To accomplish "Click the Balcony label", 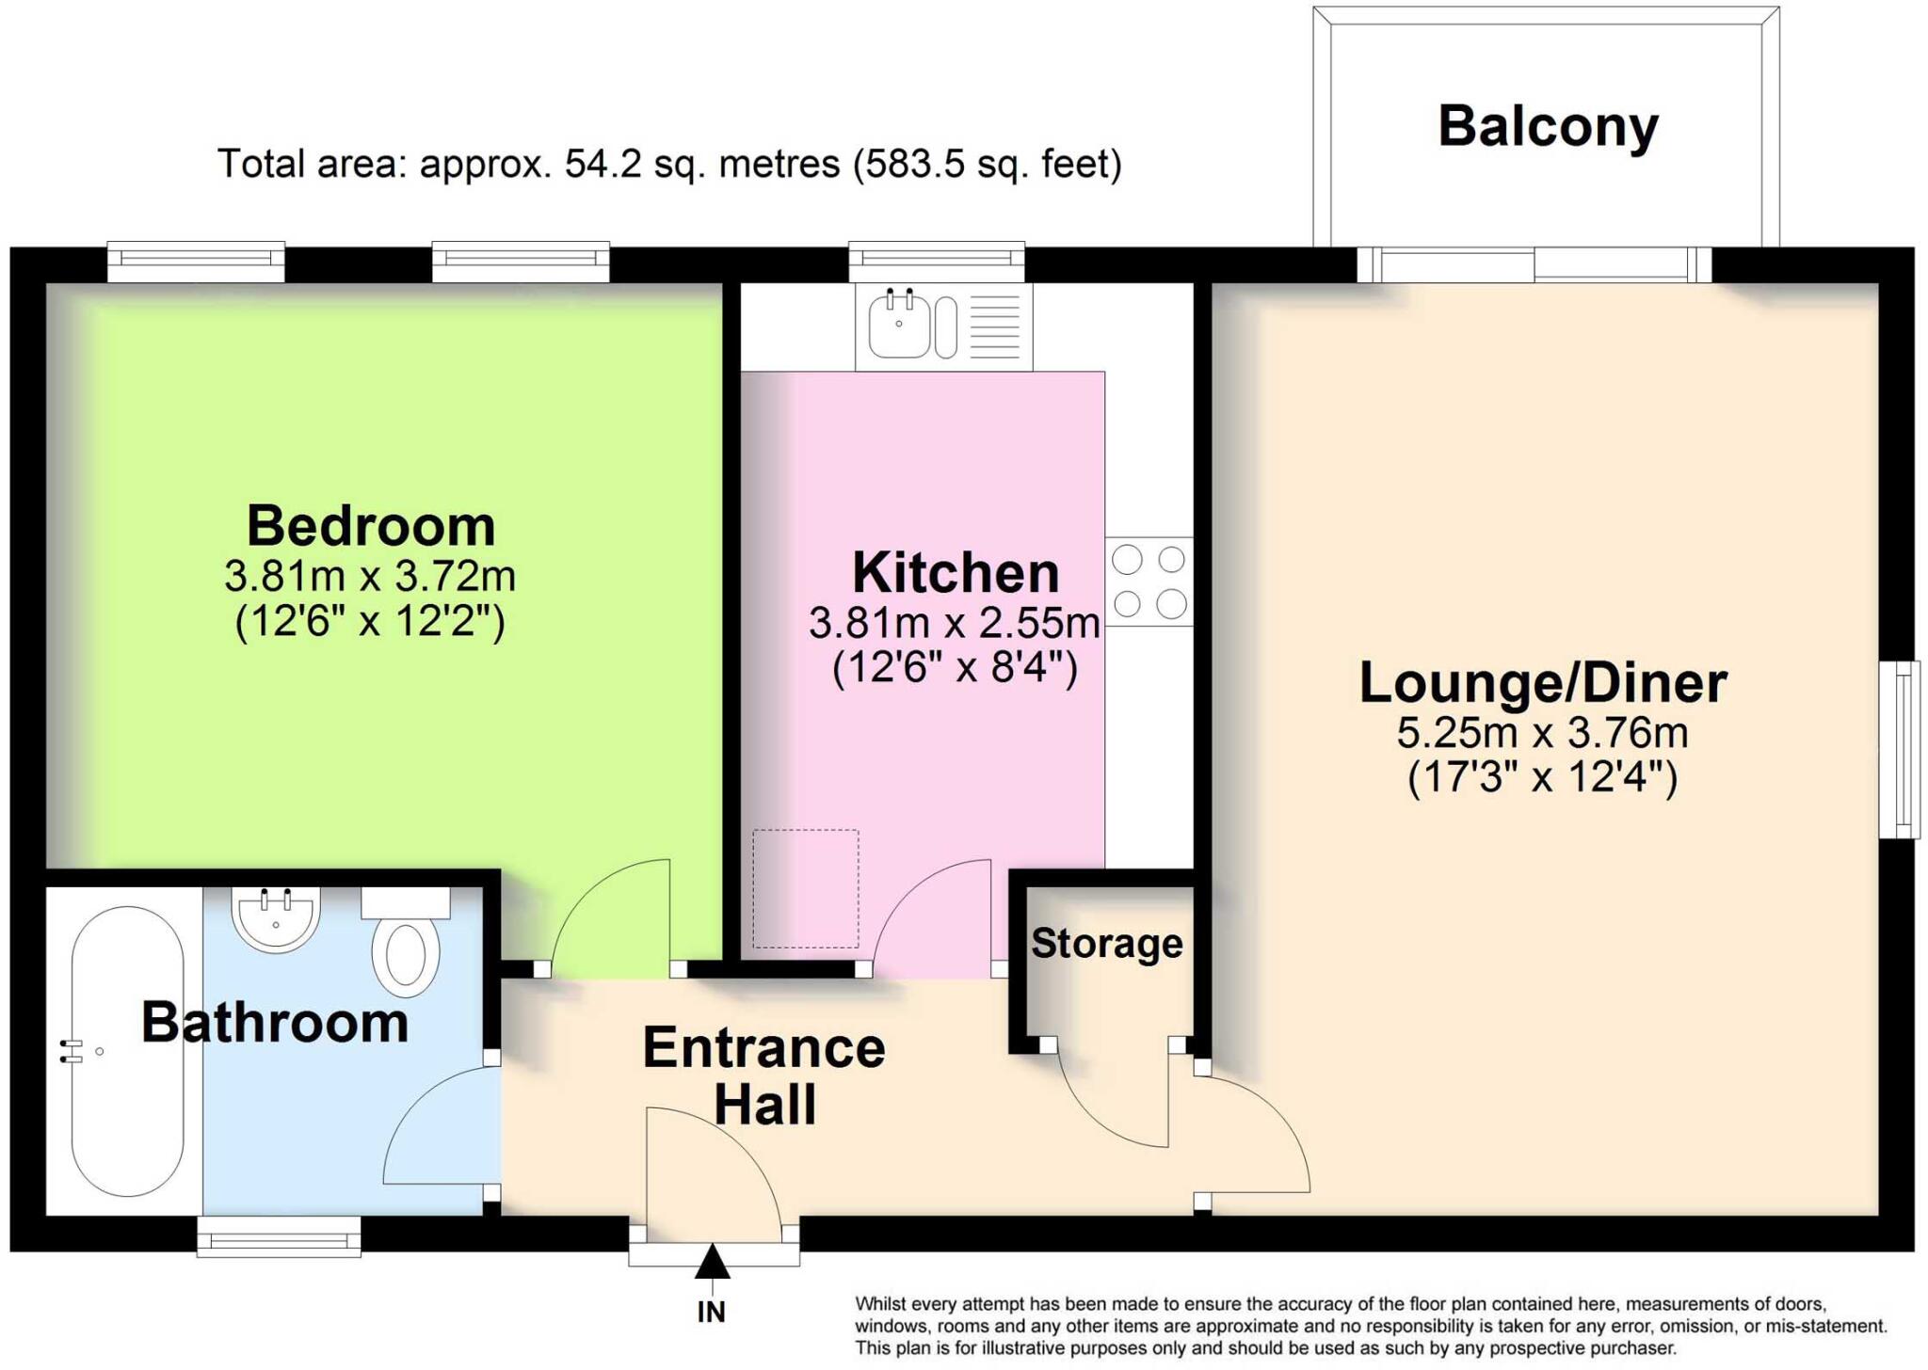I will click(x=1547, y=127).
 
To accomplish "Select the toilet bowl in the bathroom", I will click(x=406, y=955).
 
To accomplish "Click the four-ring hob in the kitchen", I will click(x=1149, y=581).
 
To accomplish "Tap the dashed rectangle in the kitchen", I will click(x=805, y=888).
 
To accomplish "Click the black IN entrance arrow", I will click(x=713, y=1263).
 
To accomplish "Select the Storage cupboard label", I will click(x=1106, y=944).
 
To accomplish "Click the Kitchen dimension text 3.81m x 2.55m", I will click(x=955, y=623).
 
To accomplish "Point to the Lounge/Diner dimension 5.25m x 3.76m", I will click(x=1542, y=733).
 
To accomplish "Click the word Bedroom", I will click(x=370, y=526).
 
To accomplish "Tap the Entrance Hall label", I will click(x=763, y=1075).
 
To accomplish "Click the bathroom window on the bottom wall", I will click(x=279, y=1236).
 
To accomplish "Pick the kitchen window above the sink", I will click(x=936, y=262).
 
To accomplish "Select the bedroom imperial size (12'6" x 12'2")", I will click(x=370, y=622).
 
